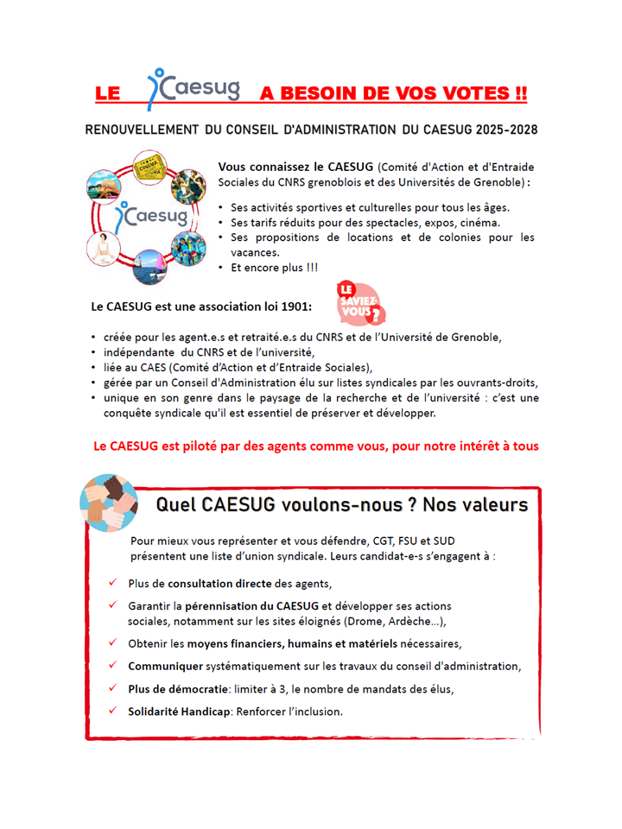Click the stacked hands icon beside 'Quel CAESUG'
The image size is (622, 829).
click(106, 501)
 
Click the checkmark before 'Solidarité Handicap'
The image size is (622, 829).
click(113, 711)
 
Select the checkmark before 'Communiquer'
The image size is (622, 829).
click(113, 666)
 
